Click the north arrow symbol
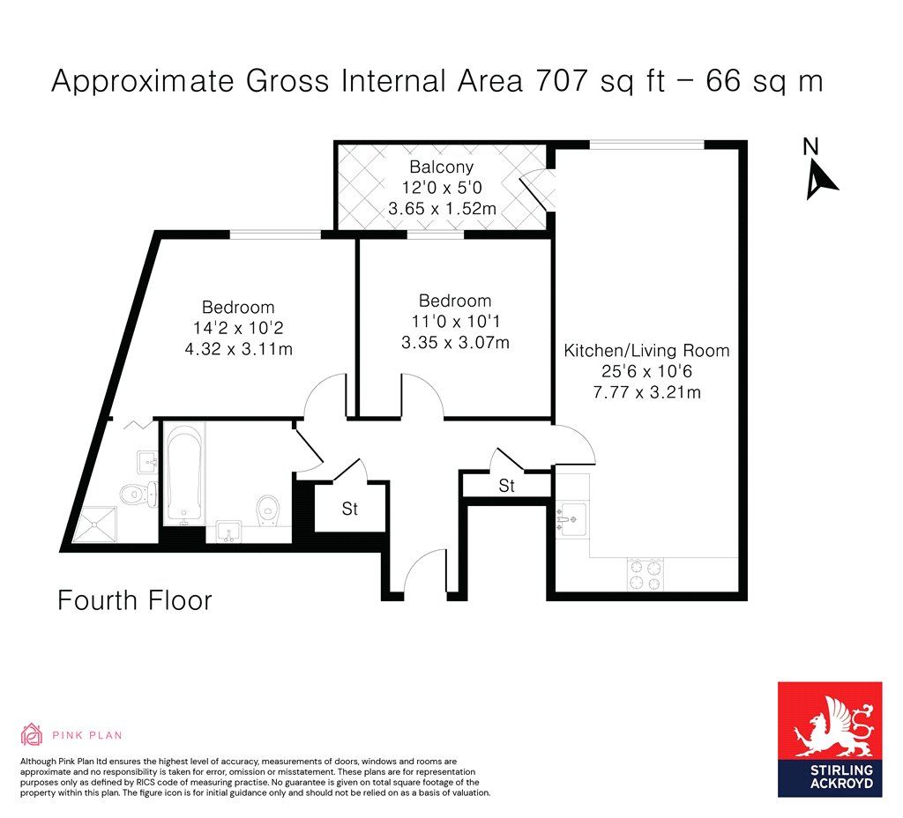click(820, 180)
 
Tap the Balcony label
click(442, 167)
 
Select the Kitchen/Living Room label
click(646, 351)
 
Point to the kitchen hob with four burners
click(645, 575)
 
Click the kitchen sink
click(571, 520)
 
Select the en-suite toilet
click(138, 494)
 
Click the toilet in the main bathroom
click(268, 510)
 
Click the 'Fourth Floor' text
click(135, 600)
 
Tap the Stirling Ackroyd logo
click(830, 740)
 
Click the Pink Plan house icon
click(32, 734)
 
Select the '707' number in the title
click(562, 80)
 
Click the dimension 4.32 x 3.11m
click(238, 349)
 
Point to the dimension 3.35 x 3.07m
click(455, 343)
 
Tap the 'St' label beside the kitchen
click(507, 486)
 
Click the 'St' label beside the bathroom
click(349, 509)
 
